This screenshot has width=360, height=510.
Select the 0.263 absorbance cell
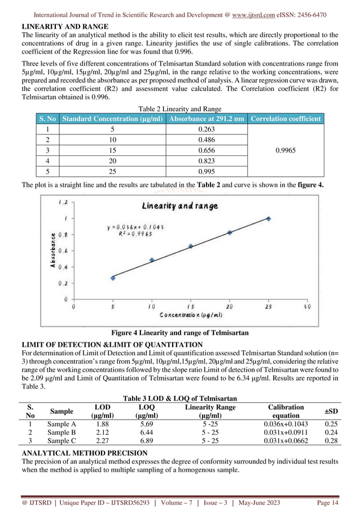pos(207,128)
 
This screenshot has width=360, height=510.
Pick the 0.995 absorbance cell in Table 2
pos(207,171)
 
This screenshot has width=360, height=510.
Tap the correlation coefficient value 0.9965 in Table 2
pos(287,150)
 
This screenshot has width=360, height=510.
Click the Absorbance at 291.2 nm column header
pos(207,118)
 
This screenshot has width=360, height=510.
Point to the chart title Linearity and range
pos(181,206)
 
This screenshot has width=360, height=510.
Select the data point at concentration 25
pos(269,219)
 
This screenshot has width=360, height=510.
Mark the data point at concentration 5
pos(113,277)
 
